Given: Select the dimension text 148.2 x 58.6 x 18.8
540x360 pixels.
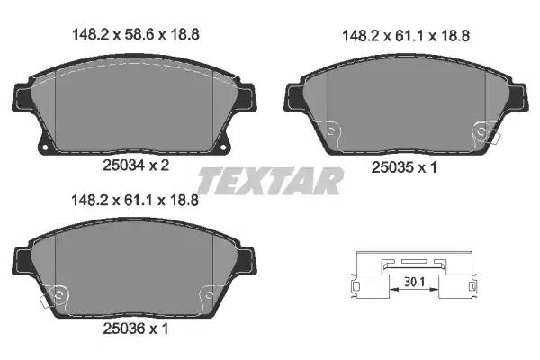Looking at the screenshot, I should (134, 35).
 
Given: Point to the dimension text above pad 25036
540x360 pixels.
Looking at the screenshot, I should (134, 202).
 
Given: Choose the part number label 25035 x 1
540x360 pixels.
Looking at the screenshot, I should (404, 166).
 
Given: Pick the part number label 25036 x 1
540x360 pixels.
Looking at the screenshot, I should (134, 329).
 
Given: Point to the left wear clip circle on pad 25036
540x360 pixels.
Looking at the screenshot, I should (60, 294).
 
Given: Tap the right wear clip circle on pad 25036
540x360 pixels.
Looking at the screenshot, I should (208, 294).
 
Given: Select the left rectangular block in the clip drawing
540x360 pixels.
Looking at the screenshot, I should (356, 289).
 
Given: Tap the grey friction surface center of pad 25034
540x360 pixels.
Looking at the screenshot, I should (134, 103).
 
